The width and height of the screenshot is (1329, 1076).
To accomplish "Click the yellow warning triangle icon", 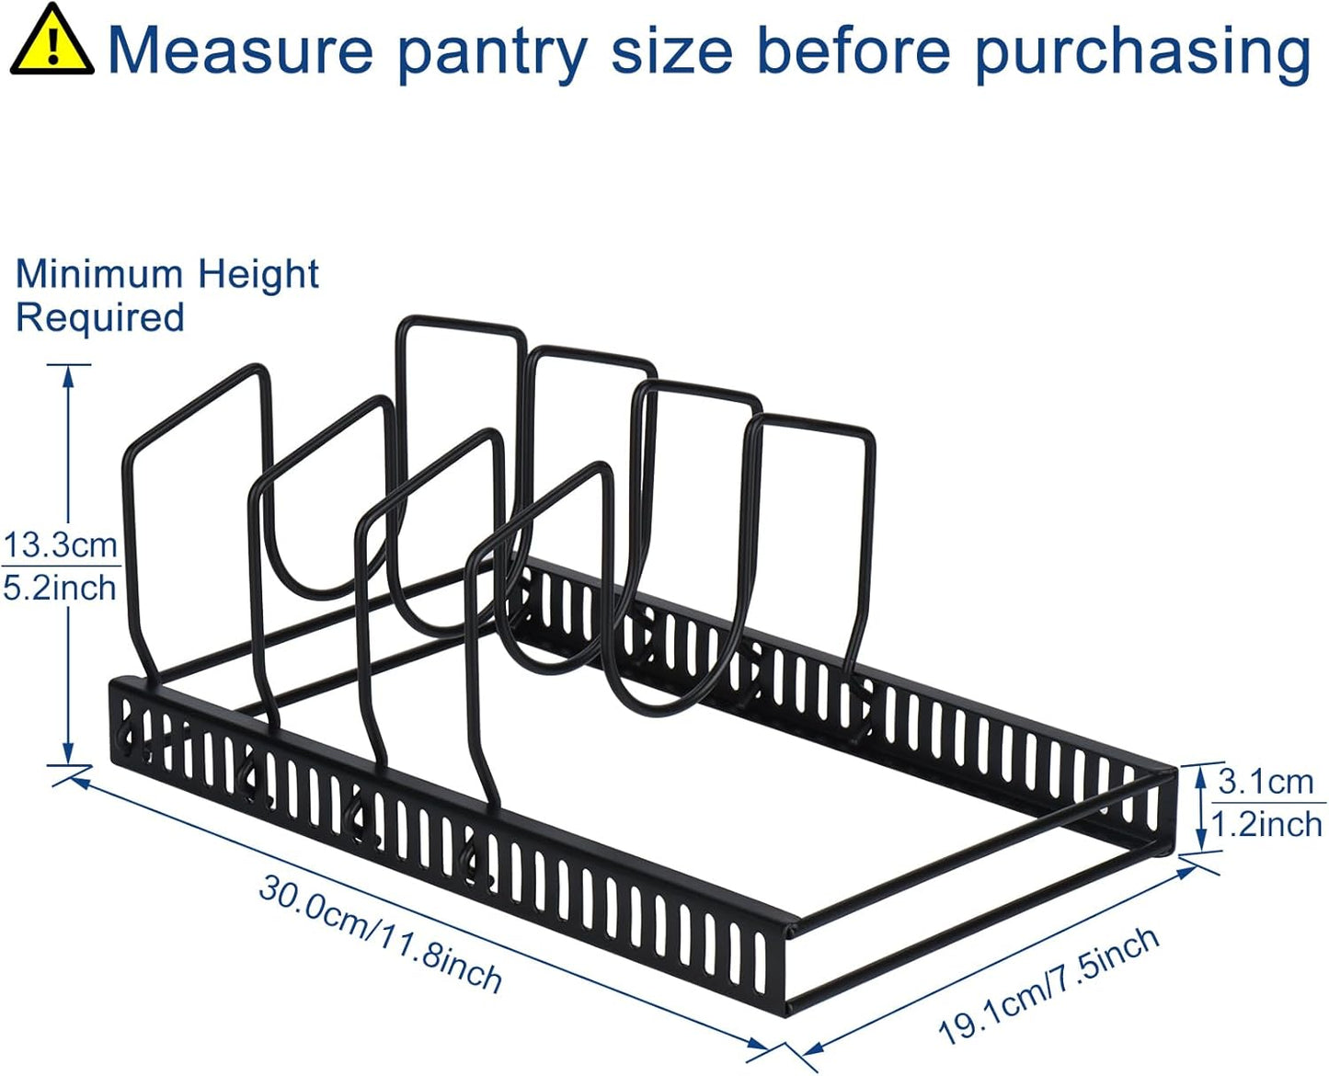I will pyautogui.click(x=52, y=41).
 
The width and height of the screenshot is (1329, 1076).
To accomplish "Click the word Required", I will pyautogui.click(x=99, y=318).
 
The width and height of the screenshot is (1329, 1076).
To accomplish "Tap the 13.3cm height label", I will pyautogui.click(x=61, y=544).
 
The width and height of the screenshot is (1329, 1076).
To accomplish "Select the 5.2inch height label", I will pyautogui.click(x=61, y=588).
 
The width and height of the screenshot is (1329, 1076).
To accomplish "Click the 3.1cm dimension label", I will pyautogui.click(x=1266, y=782).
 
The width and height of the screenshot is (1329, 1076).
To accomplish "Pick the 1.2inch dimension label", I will pyautogui.click(x=1266, y=825).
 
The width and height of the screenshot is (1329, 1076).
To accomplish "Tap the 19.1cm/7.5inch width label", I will pyautogui.click(x=1048, y=984).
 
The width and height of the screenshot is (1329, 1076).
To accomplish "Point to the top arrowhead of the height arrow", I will pyautogui.click(x=68, y=372).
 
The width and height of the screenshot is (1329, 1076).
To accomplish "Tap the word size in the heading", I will pyautogui.click(x=671, y=51).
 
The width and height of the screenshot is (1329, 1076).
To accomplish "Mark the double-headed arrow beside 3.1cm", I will pyautogui.click(x=1201, y=808).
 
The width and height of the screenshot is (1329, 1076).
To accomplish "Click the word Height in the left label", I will pyautogui.click(x=258, y=274).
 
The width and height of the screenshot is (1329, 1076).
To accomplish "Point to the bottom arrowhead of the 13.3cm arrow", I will pyautogui.click(x=68, y=754).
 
